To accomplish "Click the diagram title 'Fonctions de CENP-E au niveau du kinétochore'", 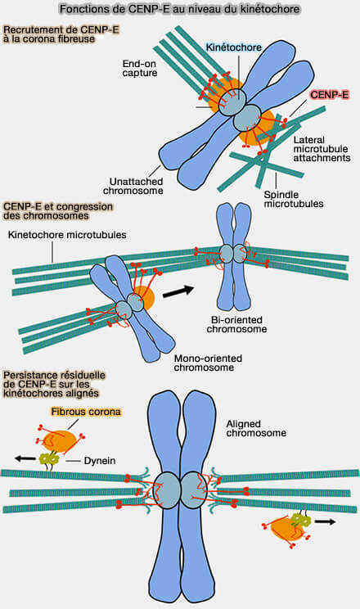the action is point(180,9).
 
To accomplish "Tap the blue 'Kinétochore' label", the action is point(233,47).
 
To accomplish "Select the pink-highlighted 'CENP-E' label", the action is point(330,94).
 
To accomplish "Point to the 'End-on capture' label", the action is point(140,69).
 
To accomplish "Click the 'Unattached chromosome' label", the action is point(133,186).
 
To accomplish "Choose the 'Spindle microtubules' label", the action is point(294,199).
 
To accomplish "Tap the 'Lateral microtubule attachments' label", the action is point(322,149).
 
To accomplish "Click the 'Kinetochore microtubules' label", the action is point(67,235).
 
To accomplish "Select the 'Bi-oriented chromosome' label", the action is point(236,324).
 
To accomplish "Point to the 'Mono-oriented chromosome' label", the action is point(208,363).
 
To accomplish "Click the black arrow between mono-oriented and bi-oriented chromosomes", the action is point(178,291).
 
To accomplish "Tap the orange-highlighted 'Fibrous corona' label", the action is point(86,412).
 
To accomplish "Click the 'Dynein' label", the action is point(100,461).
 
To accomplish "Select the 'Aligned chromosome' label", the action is point(256,428).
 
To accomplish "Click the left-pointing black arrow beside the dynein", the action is point(25,458).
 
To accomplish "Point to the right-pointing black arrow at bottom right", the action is point(325,522).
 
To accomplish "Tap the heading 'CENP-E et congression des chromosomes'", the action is point(58,211).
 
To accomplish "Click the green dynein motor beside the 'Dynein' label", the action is point(49,459).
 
